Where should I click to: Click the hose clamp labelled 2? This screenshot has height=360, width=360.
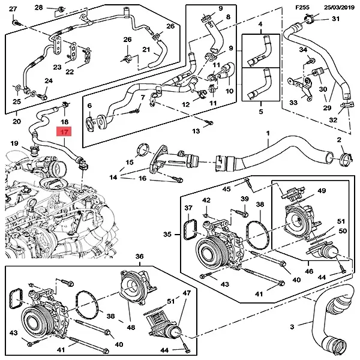tap(341, 158)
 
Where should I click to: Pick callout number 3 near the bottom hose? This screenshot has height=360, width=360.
tap(292, 326)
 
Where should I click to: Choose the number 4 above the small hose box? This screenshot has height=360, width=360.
tap(260, 24)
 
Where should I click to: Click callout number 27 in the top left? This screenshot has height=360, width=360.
tap(14, 9)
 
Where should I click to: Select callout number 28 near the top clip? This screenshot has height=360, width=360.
tap(39, 7)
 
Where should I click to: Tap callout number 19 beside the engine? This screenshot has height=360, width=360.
tap(15, 143)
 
